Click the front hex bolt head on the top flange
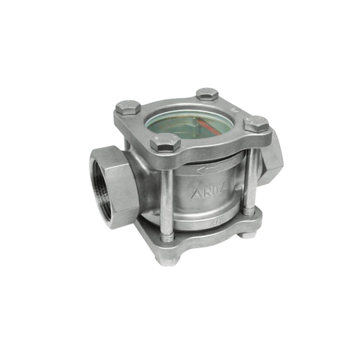click(x=165, y=143)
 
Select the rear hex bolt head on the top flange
click(x=206, y=95)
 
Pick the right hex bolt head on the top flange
click(x=256, y=124)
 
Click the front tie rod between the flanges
click(x=164, y=196)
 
